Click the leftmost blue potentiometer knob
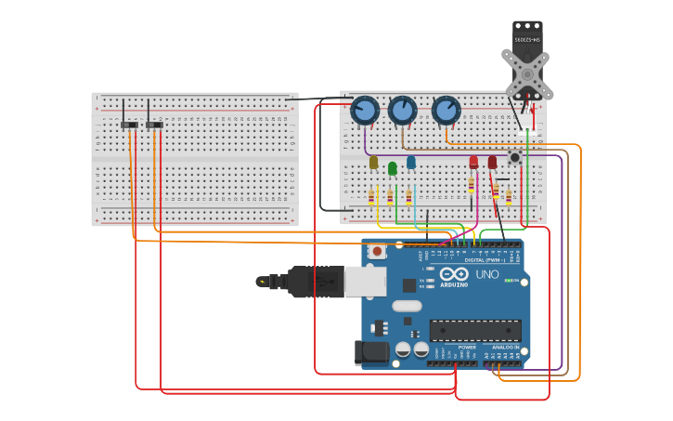click(x=365, y=111)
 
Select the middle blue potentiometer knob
click(x=402, y=111)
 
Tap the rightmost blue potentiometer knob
click(x=447, y=111)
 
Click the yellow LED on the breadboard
click(x=373, y=163)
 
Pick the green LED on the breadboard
click(x=393, y=168)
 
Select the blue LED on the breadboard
click(x=411, y=163)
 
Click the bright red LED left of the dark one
click(x=473, y=163)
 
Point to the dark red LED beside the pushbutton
click(x=492, y=163)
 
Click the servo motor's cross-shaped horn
click(x=526, y=74)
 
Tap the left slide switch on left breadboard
click(x=130, y=125)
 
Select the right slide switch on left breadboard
click(x=154, y=125)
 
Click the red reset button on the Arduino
click(x=378, y=251)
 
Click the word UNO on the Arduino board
click(x=487, y=275)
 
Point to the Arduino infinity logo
click(x=454, y=274)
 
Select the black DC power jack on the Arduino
click(x=370, y=353)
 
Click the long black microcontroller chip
click(x=474, y=330)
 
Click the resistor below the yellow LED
click(x=371, y=197)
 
